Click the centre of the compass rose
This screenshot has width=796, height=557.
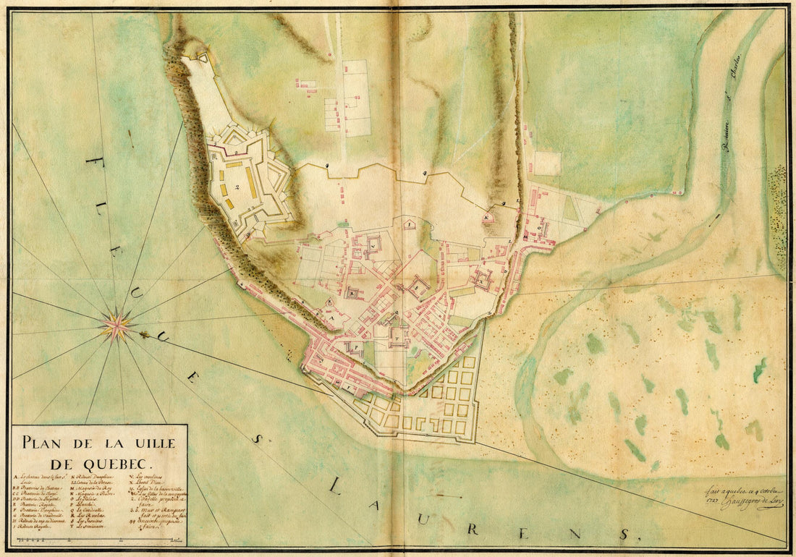pyautogui.click(x=116, y=326)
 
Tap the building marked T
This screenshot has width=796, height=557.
pyautogui.click(x=397, y=334)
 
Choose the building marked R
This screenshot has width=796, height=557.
pyautogui.click(x=352, y=294)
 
